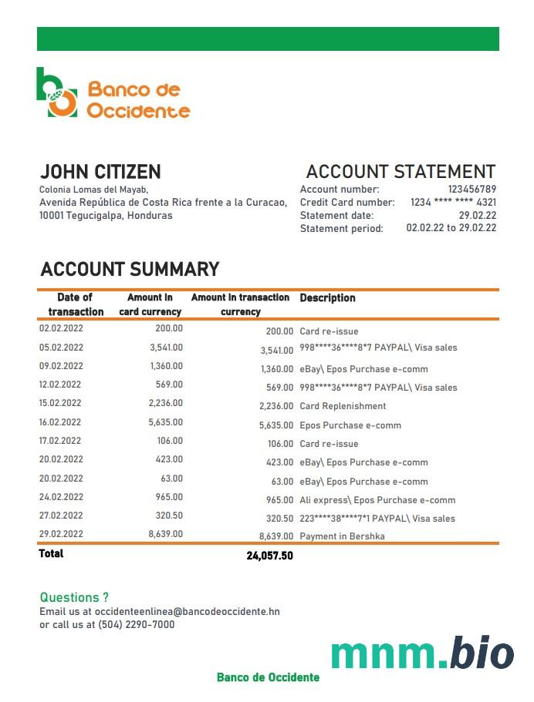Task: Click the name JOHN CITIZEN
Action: click(100, 172)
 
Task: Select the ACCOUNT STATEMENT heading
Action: click(400, 172)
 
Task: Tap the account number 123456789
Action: click(471, 190)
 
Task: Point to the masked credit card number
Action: click(454, 203)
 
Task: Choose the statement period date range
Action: click(451, 228)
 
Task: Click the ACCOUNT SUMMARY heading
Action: click(130, 269)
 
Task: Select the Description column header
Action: click(327, 298)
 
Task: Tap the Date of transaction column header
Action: click(76, 304)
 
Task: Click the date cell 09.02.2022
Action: click(60, 366)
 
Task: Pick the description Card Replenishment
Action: click(343, 406)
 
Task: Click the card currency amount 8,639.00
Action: click(166, 534)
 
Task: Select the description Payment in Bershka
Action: click(342, 536)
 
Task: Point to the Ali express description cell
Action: click(377, 500)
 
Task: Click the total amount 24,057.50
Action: click(269, 556)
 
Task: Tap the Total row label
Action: click(52, 554)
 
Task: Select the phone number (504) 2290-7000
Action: click(136, 625)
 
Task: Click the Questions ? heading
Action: click(74, 597)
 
